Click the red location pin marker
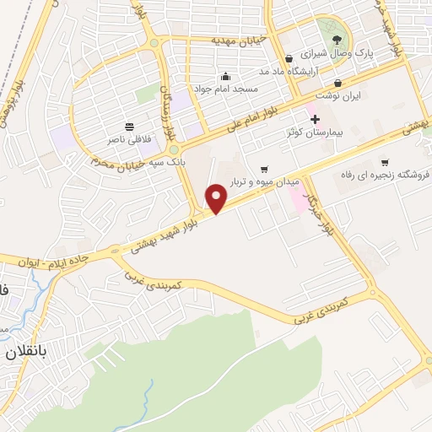(218, 199)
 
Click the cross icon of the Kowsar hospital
(316, 119)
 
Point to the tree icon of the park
(337, 39)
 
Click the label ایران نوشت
(345, 96)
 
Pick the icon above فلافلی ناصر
(129, 126)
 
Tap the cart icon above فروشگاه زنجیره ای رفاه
(385, 162)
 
